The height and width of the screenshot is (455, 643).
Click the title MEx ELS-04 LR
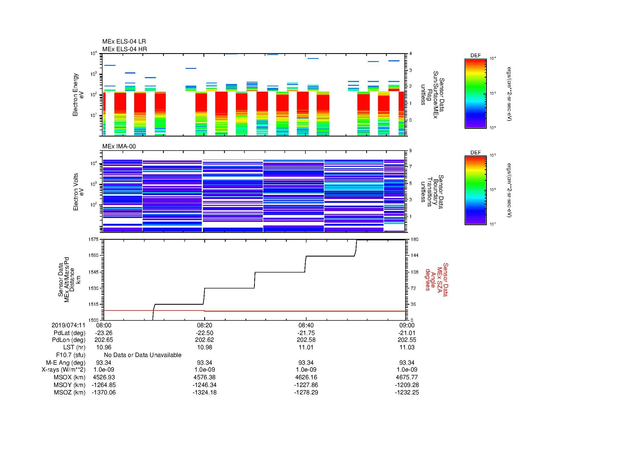[x=124, y=42]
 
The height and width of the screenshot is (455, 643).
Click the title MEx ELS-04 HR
[x=125, y=49]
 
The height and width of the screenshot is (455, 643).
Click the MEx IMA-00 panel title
[x=119, y=146]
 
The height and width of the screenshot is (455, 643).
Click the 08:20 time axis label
[x=205, y=325]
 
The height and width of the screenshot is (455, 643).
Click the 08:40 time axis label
[x=306, y=325]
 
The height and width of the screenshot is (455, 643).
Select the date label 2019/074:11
[x=68, y=325]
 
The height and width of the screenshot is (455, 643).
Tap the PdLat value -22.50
[x=205, y=333]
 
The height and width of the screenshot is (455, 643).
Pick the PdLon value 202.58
[x=306, y=340]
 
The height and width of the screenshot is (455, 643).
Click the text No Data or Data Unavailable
[x=143, y=355]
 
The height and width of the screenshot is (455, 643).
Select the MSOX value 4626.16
[x=306, y=377]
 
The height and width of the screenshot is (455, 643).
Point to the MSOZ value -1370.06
[x=104, y=393]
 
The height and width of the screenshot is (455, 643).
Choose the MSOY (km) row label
[x=70, y=385]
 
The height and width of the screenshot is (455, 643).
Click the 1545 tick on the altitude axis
[x=93, y=272]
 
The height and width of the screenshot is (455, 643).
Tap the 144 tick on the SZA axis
[x=414, y=255]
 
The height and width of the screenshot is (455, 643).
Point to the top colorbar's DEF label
[x=475, y=56]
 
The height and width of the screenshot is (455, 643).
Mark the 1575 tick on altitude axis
[x=93, y=239]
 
